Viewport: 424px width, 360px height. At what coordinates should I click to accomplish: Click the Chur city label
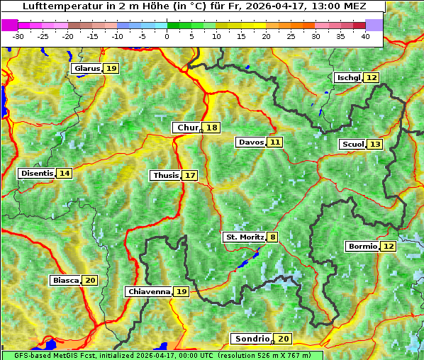pos(187,128)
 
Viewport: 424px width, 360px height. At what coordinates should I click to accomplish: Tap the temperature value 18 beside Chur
pos(212,128)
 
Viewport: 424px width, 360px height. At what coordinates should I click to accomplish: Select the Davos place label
pos(251,142)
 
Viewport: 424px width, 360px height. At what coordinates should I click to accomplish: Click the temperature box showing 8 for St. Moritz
pos(273,237)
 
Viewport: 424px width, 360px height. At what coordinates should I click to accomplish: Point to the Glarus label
pos(87,69)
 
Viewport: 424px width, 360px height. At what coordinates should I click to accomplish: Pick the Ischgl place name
pos(349,77)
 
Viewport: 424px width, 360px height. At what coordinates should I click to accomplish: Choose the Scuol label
pos(352,145)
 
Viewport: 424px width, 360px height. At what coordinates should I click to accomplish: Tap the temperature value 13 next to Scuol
pos(375,145)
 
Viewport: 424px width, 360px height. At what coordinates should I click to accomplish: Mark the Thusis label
pos(165,175)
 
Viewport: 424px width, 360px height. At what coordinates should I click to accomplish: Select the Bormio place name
pos(362,247)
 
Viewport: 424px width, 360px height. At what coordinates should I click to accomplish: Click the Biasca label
pos(65,281)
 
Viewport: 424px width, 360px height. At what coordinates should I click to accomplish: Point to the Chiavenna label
pos(149,291)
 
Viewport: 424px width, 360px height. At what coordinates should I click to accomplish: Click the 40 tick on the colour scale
pos(365,37)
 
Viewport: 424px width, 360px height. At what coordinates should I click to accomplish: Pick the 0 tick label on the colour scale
pos(167,37)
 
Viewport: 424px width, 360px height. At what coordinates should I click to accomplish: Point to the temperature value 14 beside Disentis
pos(65,174)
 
